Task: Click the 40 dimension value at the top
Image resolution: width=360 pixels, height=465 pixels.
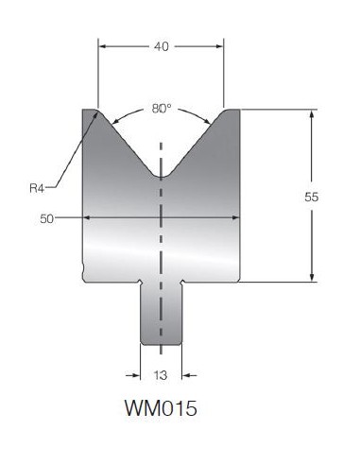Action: [x=162, y=46]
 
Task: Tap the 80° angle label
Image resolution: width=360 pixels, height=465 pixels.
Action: [x=162, y=109]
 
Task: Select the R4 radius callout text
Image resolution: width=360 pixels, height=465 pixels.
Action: [x=37, y=188]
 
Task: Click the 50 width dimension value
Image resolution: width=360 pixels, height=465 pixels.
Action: [x=46, y=218]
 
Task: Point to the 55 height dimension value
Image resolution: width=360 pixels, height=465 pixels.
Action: [x=311, y=197]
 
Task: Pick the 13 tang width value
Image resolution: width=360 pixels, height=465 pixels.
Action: [x=161, y=375]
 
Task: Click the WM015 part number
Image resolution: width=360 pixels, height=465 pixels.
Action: [x=161, y=408]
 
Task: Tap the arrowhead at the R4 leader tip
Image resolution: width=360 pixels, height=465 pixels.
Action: [x=94, y=115]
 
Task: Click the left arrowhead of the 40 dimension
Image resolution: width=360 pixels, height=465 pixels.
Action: [x=103, y=46]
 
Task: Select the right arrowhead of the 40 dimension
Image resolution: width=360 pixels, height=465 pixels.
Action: [x=219, y=46]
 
